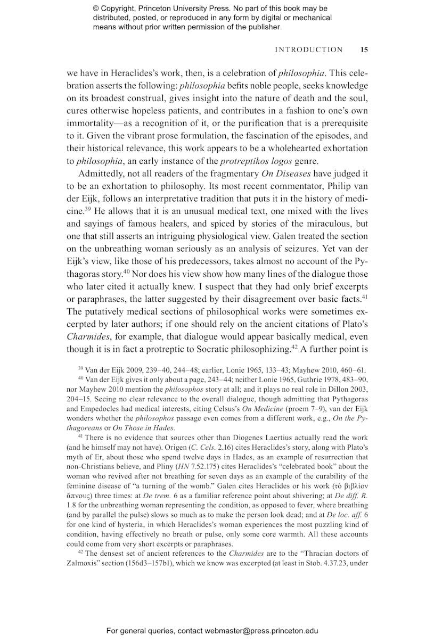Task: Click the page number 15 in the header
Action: pos(364,50)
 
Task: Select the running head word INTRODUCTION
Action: pos(309,50)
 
